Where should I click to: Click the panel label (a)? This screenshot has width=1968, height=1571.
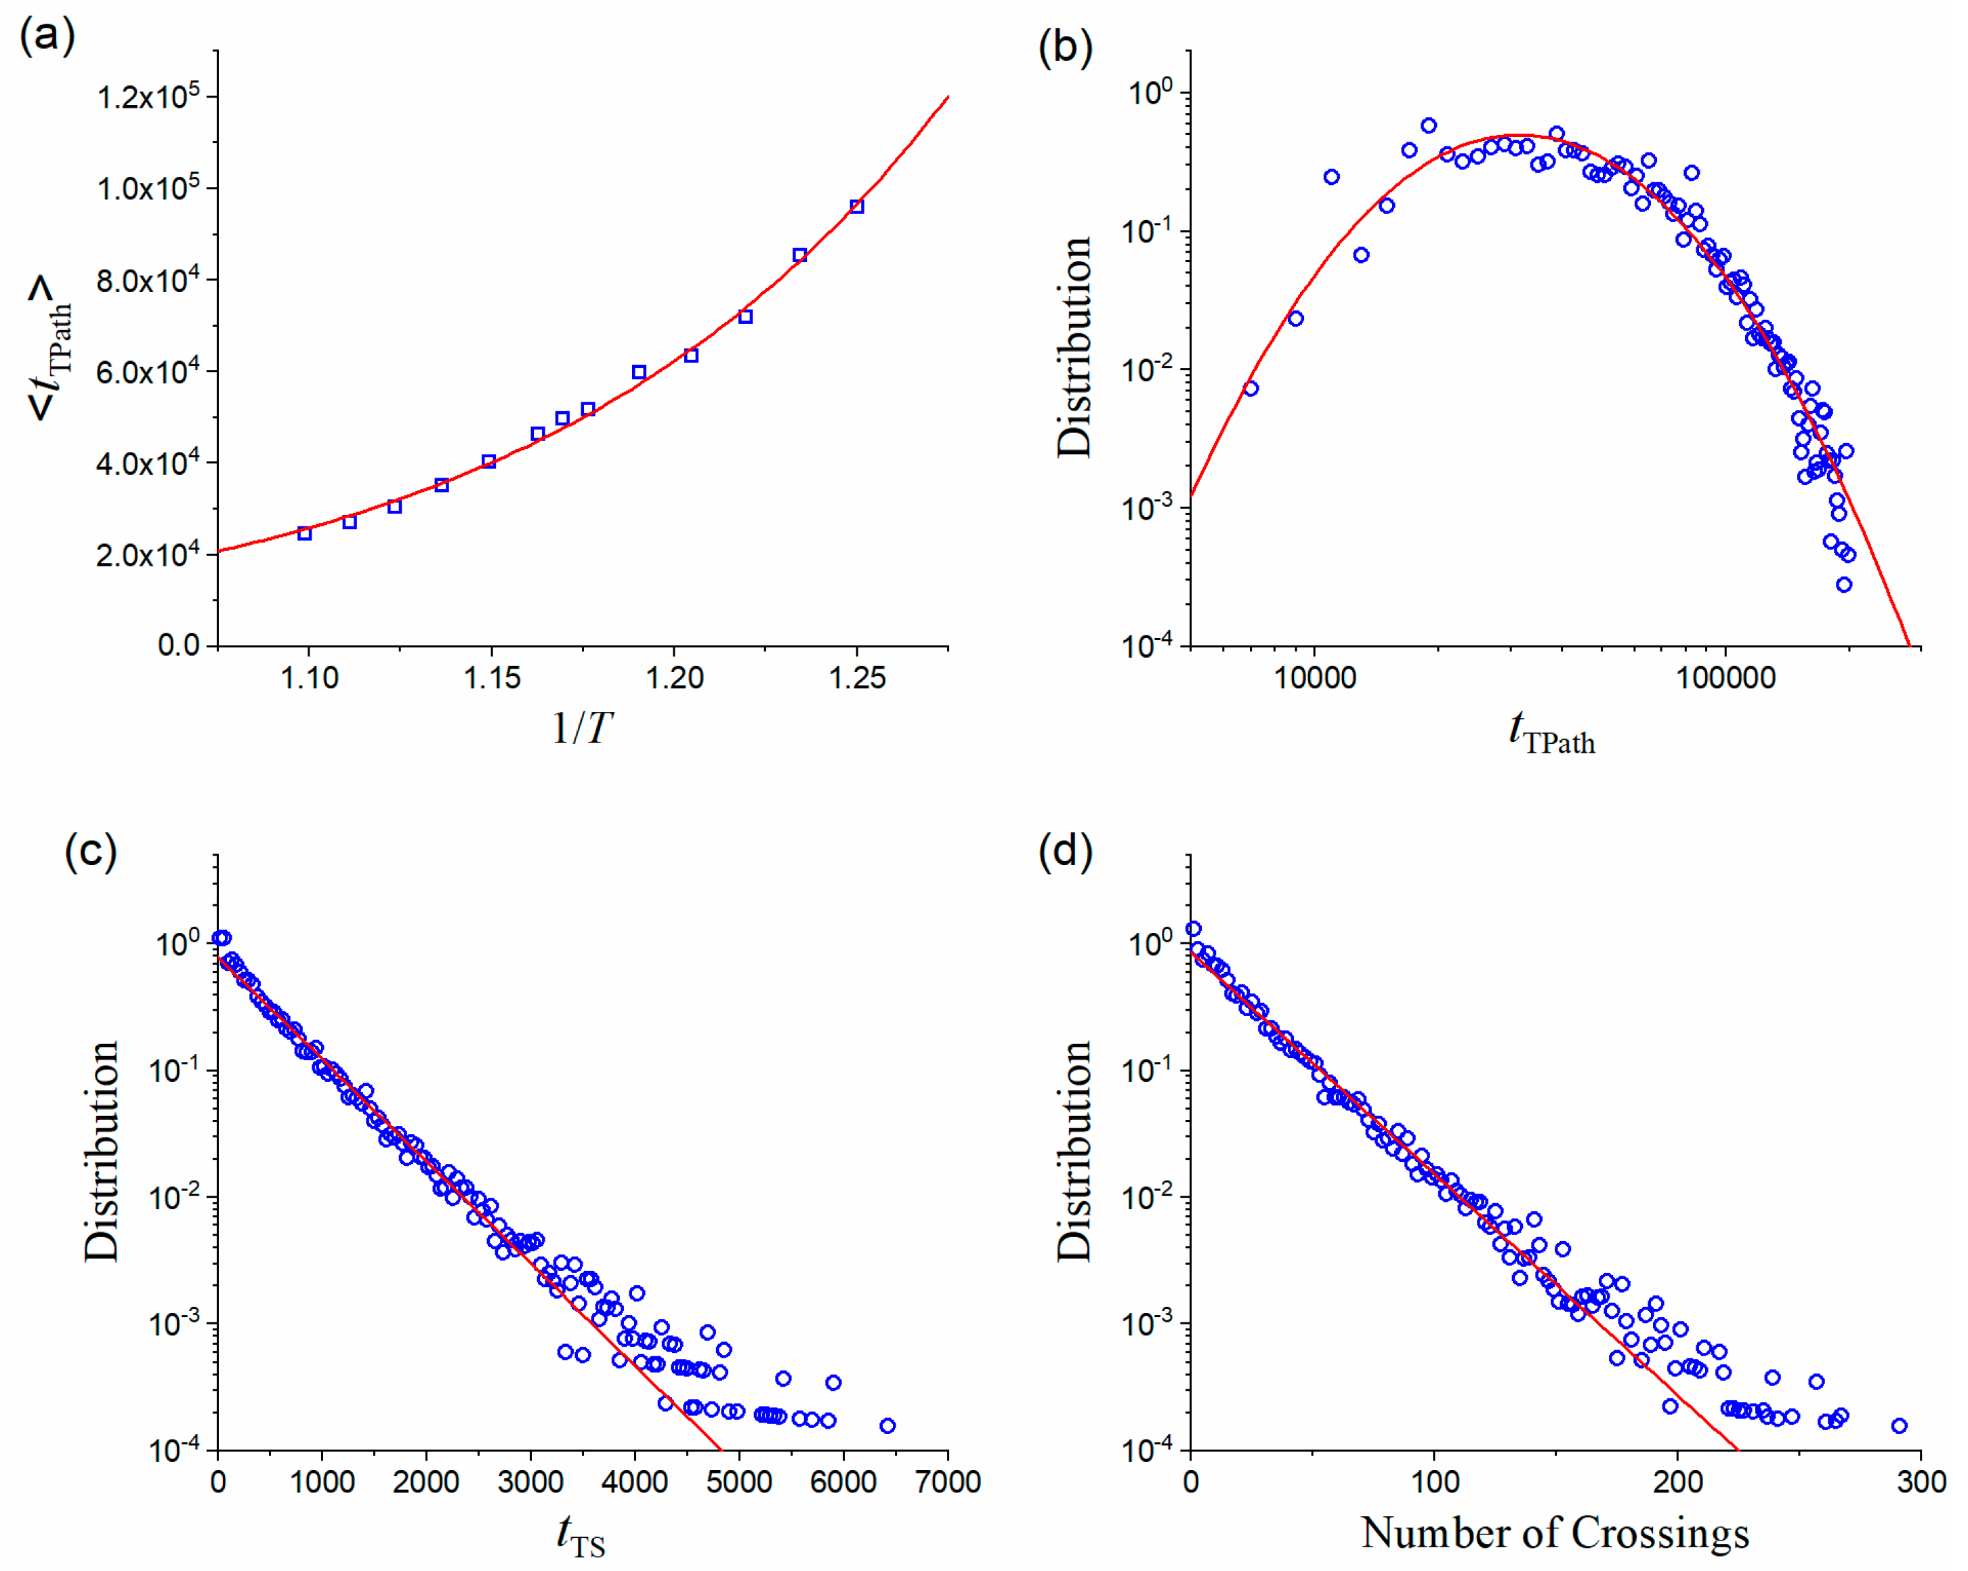tap(47, 37)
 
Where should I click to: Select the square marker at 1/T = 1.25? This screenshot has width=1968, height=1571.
tap(856, 207)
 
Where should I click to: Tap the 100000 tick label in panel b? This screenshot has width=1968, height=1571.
tap(1726, 677)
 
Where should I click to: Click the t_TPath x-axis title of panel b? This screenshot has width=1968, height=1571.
tap(1552, 733)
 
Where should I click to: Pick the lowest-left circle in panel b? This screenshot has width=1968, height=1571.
tap(1251, 388)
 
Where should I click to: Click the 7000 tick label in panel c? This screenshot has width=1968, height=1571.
tap(948, 1482)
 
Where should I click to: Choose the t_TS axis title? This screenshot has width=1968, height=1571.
tap(581, 1534)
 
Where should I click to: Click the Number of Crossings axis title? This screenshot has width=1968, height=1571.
tap(1555, 1532)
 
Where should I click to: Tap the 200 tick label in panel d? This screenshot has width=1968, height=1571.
tap(1678, 1482)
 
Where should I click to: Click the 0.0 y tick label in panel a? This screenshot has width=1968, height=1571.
tap(178, 646)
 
